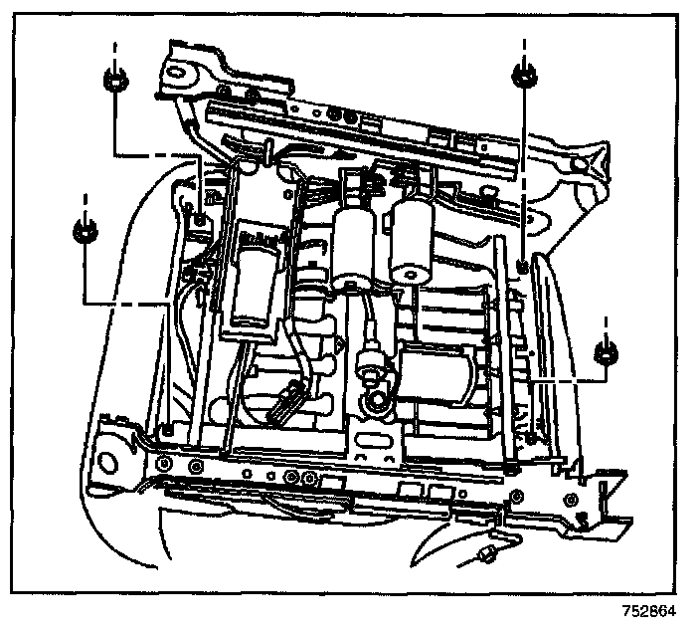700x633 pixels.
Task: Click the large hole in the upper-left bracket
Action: coord(180,71)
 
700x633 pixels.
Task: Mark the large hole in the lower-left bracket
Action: coord(106,461)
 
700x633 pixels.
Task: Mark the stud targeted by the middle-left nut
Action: coord(167,429)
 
